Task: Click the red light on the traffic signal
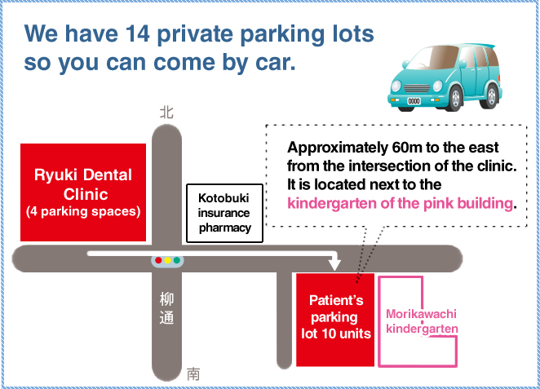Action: tap(158, 260)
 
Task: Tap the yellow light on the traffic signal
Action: tap(168, 260)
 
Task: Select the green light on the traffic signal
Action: tap(177, 260)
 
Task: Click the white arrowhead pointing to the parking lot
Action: tap(334, 264)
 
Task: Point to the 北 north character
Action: tap(166, 113)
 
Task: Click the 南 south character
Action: tap(193, 374)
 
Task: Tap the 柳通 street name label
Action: tap(166, 308)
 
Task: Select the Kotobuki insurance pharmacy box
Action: tap(224, 213)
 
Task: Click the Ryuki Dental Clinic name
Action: tap(83, 184)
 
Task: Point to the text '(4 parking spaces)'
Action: tap(83, 211)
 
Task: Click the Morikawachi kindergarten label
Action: tap(422, 321)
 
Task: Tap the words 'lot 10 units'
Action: tap(336, 334)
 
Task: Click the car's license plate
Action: tap(414, 101)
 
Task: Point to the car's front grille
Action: tap(417, 88)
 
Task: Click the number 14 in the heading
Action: tap(137, 33)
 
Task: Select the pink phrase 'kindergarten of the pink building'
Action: tap(401, 203)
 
